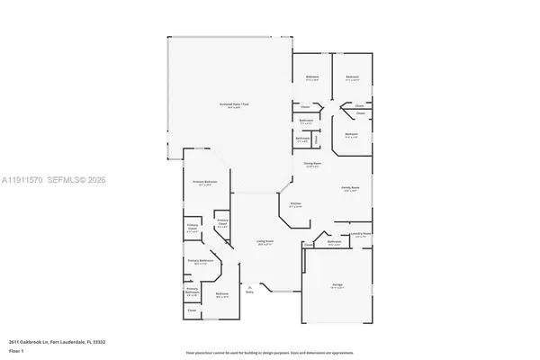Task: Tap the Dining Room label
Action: tap(311, 166)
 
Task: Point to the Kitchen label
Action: tap(295, 204)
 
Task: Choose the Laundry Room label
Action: tap(361, 233)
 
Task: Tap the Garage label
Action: tap(337, 285)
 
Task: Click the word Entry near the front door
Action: tap(249, 292)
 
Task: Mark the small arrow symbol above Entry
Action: tap(249, 286)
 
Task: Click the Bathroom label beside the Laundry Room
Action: tap(334, 242)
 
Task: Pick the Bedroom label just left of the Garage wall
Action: tap(222, 294)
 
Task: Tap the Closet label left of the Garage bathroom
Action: tap(308, 244)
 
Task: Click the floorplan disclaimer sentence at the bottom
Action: tap(269, 352)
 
